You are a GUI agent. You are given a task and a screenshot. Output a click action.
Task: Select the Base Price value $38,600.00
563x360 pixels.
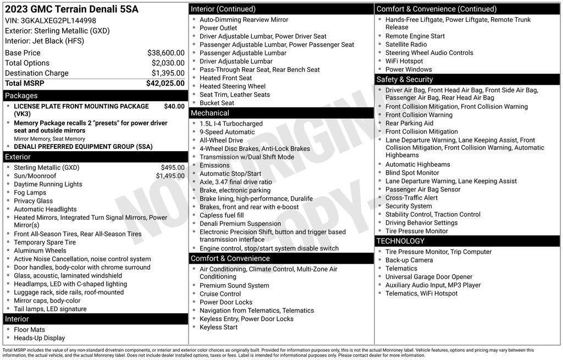(x=165, y=53)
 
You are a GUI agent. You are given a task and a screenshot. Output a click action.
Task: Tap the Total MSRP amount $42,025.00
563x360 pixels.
(x=165, y=83)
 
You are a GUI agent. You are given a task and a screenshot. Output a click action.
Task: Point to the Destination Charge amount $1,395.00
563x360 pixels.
(x=168, y=73)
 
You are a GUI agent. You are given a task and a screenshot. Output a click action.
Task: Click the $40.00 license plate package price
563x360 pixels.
(x=174, y=106)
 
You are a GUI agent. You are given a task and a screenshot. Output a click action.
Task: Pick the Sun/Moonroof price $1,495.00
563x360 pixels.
(x=170, y=176)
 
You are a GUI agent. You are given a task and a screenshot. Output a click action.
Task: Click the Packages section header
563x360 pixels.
(x=21, y=96)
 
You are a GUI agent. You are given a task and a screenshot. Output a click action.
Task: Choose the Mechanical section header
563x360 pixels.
(x=209, y=113)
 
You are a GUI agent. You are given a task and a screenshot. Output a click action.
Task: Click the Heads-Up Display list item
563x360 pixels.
(x=39, y=338)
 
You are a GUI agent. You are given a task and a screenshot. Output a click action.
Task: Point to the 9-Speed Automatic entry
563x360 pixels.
(x=227, y=132)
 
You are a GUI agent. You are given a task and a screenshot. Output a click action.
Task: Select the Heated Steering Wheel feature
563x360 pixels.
(x=232, y=86)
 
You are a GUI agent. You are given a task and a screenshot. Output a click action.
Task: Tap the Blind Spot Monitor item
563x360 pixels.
(x=412, y=173)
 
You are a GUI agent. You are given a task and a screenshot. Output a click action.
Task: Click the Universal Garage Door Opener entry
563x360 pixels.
(x=428, y=277)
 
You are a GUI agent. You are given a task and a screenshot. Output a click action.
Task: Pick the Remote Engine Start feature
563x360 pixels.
(x=415, y=36)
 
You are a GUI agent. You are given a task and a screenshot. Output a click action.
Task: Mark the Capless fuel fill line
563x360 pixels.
(x=222, y=215)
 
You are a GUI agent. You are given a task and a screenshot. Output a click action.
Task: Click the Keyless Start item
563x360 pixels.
(x=218, y=327)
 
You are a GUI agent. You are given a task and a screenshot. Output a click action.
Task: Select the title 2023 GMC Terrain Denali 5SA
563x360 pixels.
(x=71, y=9)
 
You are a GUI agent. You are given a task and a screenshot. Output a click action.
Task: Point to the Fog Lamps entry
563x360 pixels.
(x=30, y=192)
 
